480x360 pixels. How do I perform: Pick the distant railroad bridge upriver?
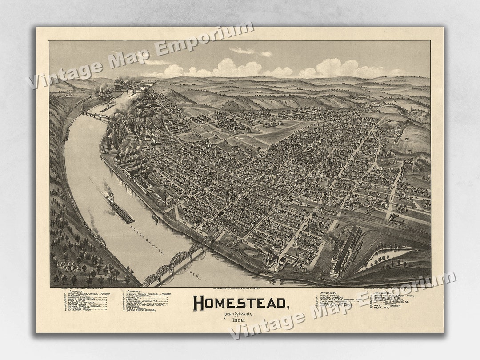95,116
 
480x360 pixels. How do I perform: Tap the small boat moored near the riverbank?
155,219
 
